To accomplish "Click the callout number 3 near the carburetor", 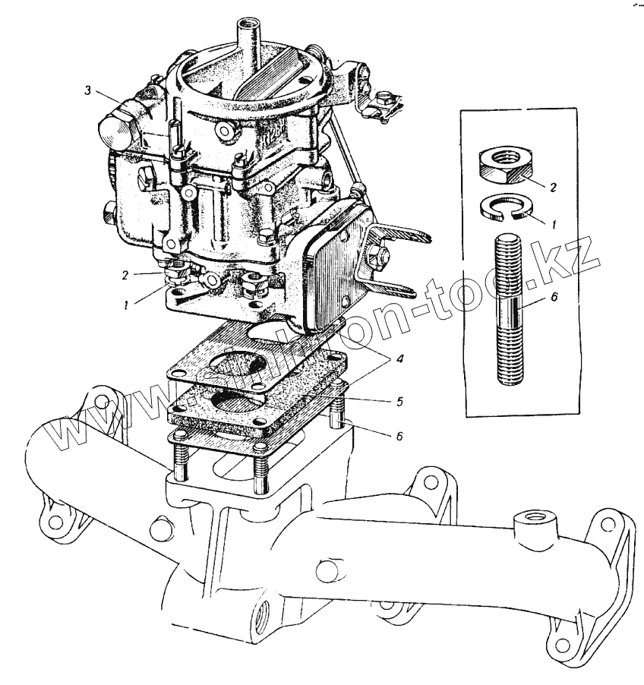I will pyautogui.click(x=88, y=91).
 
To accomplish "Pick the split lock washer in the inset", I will pyautogui.click(x=501, y=210).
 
